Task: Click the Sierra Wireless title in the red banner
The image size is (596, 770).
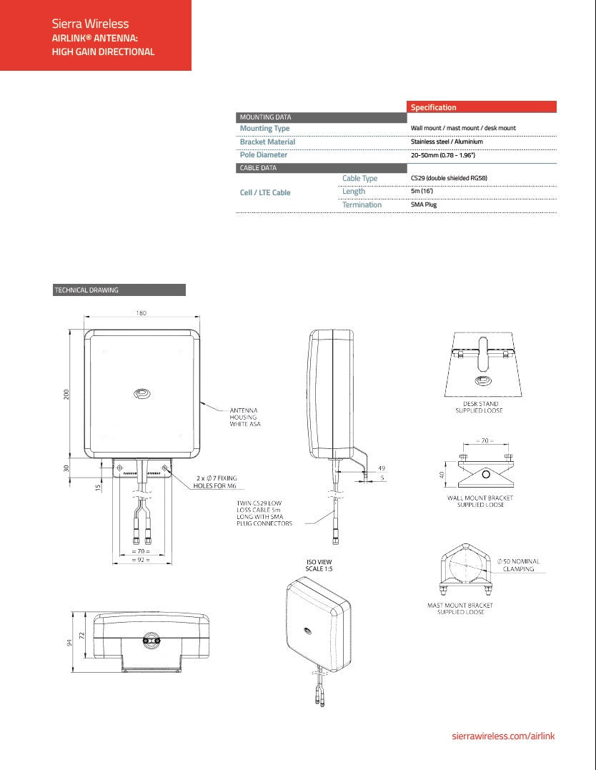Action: (x=90, y=24)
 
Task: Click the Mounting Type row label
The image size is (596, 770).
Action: (x=264, y=129)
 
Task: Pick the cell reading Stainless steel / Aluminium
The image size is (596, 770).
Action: (x=447, y=142)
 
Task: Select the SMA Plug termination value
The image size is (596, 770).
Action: (x=423, y=204)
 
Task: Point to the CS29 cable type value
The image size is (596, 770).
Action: (x=449, y=178)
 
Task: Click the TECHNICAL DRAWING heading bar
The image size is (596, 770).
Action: (x=119, y=290)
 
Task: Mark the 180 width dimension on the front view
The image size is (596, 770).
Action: (x=141, y=313)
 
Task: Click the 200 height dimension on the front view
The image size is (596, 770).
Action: (x=66, y=394)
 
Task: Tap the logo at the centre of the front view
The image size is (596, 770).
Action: (x=141, y=393)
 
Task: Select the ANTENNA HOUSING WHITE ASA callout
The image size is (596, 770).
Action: (x=244, y=418)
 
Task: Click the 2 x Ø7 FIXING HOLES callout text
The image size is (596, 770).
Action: (x=216, y=481)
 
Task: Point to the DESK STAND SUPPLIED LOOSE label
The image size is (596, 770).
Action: (x=479, y=407)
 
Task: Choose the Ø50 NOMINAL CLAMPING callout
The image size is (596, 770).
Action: (x=519, y=565)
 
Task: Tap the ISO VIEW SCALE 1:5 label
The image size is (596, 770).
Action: (x=319, y=566)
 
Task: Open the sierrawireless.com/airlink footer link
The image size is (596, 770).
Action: (x=504, y=736)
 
